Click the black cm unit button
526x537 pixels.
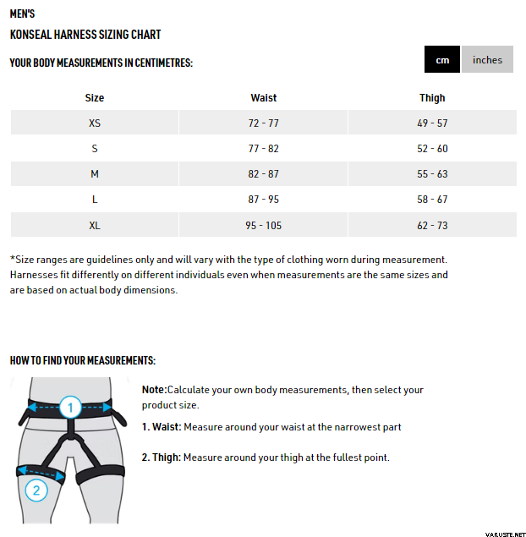442,59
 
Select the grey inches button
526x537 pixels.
487,59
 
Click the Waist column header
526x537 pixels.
263,98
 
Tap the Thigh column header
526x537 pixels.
432,98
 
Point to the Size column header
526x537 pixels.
95,98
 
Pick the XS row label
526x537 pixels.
95,123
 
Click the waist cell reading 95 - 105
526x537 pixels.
263,226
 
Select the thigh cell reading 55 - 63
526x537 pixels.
432,174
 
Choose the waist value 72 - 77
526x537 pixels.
263,123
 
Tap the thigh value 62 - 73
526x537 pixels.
432,226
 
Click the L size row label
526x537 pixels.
95,200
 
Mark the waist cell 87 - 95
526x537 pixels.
263,200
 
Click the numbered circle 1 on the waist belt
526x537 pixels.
70,407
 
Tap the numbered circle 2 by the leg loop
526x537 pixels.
35,490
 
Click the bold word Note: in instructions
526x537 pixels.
155,390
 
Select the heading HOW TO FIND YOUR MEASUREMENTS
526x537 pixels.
83,360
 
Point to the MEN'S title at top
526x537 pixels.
23,14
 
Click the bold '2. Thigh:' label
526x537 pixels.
161,458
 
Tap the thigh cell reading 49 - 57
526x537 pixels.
432,123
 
